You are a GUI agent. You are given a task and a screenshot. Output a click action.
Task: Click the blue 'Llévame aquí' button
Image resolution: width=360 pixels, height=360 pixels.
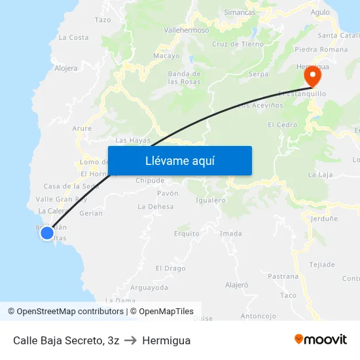click(179, 160)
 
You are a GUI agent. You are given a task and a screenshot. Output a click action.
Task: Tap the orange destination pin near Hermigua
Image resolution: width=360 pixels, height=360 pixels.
click(312, 75)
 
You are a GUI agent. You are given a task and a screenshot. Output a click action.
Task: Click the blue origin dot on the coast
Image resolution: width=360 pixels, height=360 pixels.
click(46, 233)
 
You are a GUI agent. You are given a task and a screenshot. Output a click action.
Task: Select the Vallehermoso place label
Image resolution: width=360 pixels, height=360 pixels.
click(187, 30)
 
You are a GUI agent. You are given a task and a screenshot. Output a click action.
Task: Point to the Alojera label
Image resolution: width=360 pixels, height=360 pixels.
click(65, 67)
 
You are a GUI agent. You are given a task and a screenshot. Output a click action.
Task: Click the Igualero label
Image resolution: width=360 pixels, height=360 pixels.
click(210, 200)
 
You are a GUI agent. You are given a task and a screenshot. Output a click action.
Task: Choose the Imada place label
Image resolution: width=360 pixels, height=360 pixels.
click(230, 233)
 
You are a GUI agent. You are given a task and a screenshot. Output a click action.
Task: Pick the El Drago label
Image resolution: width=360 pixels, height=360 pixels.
click(170, 268)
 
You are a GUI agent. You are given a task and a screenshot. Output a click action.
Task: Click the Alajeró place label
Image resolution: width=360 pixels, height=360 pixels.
click(237, 285)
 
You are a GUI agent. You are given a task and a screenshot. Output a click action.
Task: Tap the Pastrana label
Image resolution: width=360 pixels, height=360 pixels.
click(283, 277)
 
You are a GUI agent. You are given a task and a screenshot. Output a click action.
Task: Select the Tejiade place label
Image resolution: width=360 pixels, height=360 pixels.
click(321, 264)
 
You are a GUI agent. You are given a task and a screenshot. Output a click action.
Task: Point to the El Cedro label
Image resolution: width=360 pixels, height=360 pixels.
click(282, 125)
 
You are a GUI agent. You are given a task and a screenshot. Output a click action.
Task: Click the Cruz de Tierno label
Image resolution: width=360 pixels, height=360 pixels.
click(238, 45)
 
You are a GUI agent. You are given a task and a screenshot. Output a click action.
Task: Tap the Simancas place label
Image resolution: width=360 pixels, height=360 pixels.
click(240, 12)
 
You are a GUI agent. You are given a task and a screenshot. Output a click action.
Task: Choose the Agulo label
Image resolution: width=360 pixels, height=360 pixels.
click(320, 12)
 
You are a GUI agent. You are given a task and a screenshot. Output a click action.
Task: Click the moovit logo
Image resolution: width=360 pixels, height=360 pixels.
click(320, 339)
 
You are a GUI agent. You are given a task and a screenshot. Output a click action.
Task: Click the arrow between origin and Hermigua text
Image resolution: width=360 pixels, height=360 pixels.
click(130, 340)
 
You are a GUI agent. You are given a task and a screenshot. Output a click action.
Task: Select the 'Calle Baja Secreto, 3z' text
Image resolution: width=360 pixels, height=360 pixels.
click(65, 340)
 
